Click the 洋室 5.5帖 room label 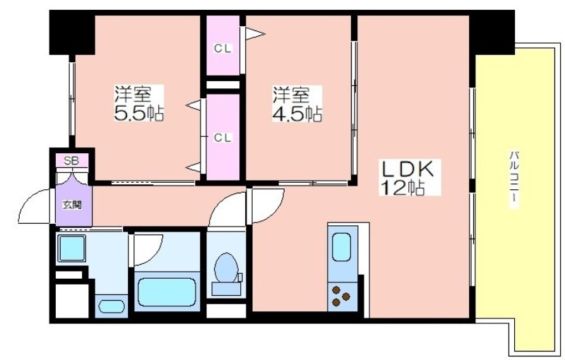138,103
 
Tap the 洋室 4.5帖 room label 297,104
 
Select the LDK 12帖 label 410,177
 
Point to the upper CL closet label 222,48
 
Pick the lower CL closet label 222,138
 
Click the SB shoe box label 71,160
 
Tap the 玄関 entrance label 72,205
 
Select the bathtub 167,292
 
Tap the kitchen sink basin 342,246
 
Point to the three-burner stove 341,296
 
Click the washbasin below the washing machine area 112,306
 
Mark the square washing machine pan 72,248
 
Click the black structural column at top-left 72,32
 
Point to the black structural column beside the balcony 492,32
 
